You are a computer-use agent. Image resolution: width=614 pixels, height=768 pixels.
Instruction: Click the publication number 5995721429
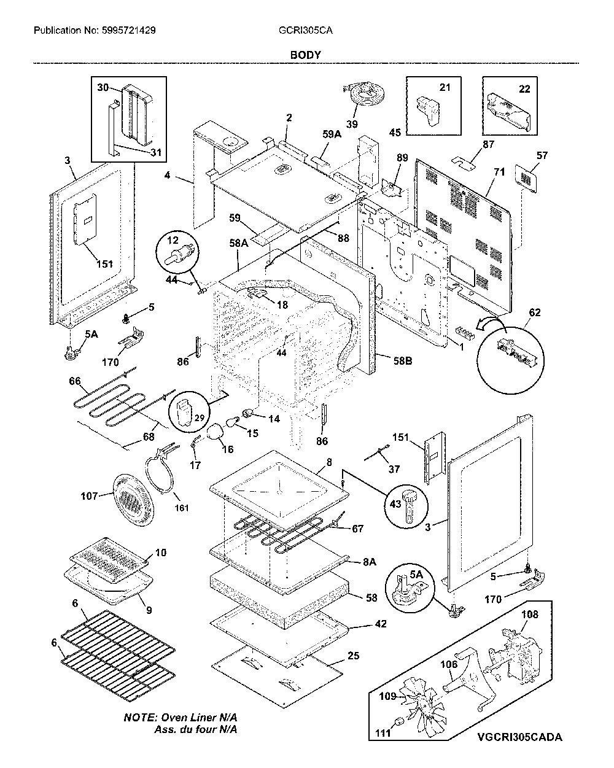pyautogui.click(x=128, y=31)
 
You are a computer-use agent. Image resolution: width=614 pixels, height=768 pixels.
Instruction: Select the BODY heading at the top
pyautogui.click(x=306, y=55)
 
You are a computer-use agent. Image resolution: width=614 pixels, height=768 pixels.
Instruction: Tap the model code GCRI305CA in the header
pyautogui.click(x=306, y=31)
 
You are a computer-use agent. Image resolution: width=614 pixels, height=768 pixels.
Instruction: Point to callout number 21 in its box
pyautogui.click(x=445, y=87)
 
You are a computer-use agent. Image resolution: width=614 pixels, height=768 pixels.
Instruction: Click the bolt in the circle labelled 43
pyautogui.click(x=410, y=507)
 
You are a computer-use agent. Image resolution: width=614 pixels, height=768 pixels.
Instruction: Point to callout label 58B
pyautogui.click(x=403, y=361)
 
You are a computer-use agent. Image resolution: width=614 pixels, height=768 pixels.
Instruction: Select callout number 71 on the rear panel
pyautogui.click(x=499, y=172)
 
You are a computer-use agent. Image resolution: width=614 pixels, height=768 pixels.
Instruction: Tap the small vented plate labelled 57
pyautogui.click(x=526, y=179)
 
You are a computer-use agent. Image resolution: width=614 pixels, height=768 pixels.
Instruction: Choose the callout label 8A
pyautogui.click(x=370, y=562)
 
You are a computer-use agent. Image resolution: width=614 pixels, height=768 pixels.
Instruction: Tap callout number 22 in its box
pyautogui.click(x=524, y=89)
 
